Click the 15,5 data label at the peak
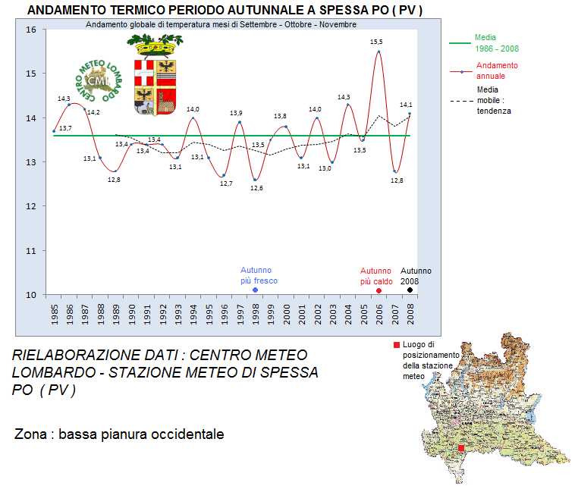pyautogui.click(x=376, y=42)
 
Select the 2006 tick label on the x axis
pyautogui.click(x=379, y=315)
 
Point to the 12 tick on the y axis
pyautogui.click(x=31, y=206)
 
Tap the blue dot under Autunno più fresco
pyautogui.click(x=255, y=290)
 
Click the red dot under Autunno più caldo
pyautogui.click(x=379, y=291)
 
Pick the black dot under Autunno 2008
pyautogui.click(x=410, y=290)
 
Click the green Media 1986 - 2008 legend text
pyautogui.click(x=497, y=43)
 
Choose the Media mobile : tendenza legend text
pyautogui.click(x=494, y=100)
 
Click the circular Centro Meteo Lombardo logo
pyautogui.click(x=99, y=80)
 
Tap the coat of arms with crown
pyautogui.click(x=155, y=74)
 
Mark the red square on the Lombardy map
pyautogui.click(x=461, y=448)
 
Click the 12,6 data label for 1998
pyautogui.click(x=256, y=188)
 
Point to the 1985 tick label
pyautogui.click(x=55, y=315)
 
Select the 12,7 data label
pyautogui.click(x=226, y=183)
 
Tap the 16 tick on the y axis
pyautogui.click(x=31, y=30)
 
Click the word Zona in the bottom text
pyautogui.click(x=30, y=434)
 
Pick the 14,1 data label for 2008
pyautogui.click(x=406, y=105)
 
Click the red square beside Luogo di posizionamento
pyautogui.click(x=397, y=345)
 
